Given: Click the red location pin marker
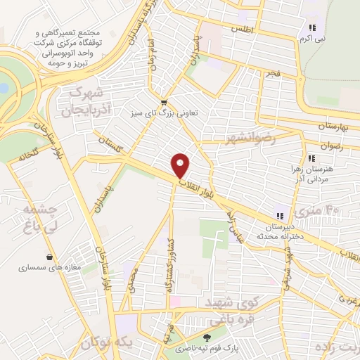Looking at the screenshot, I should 181,166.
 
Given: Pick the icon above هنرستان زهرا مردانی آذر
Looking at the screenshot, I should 311,159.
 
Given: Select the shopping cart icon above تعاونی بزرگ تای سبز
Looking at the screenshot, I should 162,100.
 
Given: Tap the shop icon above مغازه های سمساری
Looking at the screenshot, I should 49,257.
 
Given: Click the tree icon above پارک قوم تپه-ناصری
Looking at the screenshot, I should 205,337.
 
